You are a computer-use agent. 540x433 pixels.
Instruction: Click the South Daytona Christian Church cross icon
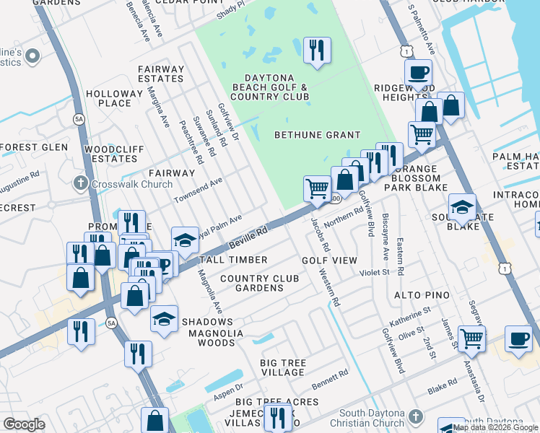click(414, 416)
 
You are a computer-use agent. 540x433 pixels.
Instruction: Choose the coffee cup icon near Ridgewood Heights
click(418, 73)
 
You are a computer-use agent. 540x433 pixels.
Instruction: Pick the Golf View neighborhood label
click(329, 260)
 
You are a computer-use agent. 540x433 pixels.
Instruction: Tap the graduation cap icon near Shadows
click(165, 319)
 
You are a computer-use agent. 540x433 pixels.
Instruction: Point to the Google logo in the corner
click(24, 424)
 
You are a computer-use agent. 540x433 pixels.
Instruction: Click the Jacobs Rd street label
click(321, 235)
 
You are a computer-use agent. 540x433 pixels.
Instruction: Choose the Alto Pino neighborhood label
click(422, 295)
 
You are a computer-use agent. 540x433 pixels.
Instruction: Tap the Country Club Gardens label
click(252, 283)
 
